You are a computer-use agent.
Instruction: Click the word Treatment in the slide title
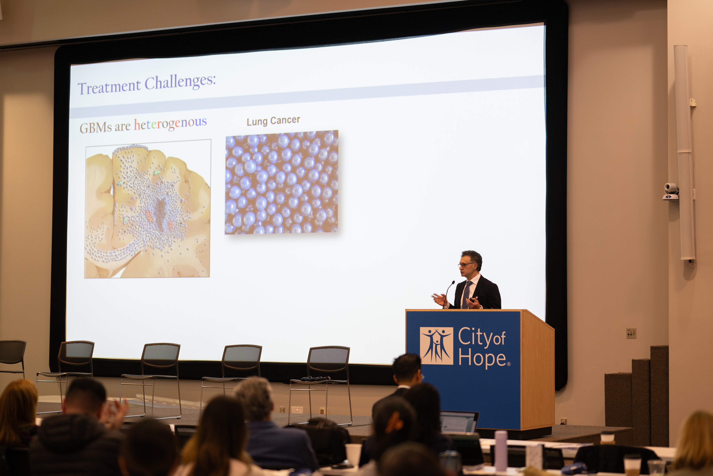click(x=109, y=87)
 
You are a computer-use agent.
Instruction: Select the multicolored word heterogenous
click(x=170, y=123)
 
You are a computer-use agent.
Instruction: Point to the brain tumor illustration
click(x=147, y=209)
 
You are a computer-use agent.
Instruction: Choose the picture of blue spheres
click(x=281, y=182)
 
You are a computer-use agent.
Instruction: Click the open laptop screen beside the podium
click(x=458, y=422)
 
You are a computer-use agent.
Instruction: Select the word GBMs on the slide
click(x=96, y=127)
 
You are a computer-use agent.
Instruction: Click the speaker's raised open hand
click(x=439, y=299)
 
